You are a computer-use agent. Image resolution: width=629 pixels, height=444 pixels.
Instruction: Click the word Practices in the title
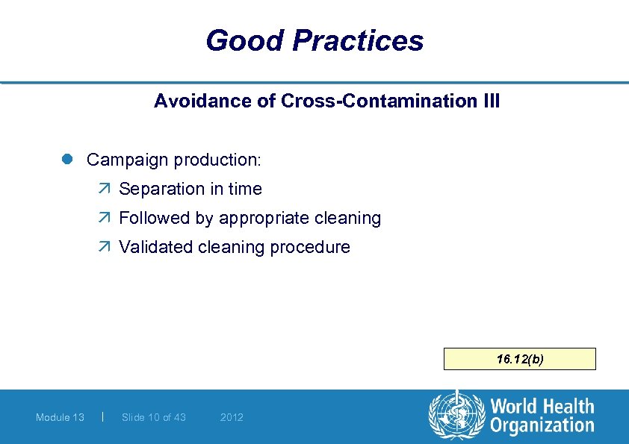[x=359, y=40]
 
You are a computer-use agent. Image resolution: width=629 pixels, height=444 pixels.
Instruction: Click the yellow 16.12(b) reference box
[x=520, y=359]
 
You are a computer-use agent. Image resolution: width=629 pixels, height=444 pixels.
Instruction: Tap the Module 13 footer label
[x=60, y=417]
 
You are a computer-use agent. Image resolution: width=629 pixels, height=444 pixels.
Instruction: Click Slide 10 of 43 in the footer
[x=153, y=417]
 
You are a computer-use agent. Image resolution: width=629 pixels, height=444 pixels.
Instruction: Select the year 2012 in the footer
[x=232, y=417]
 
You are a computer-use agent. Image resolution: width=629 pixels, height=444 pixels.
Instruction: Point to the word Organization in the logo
[x=542, y=426]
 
